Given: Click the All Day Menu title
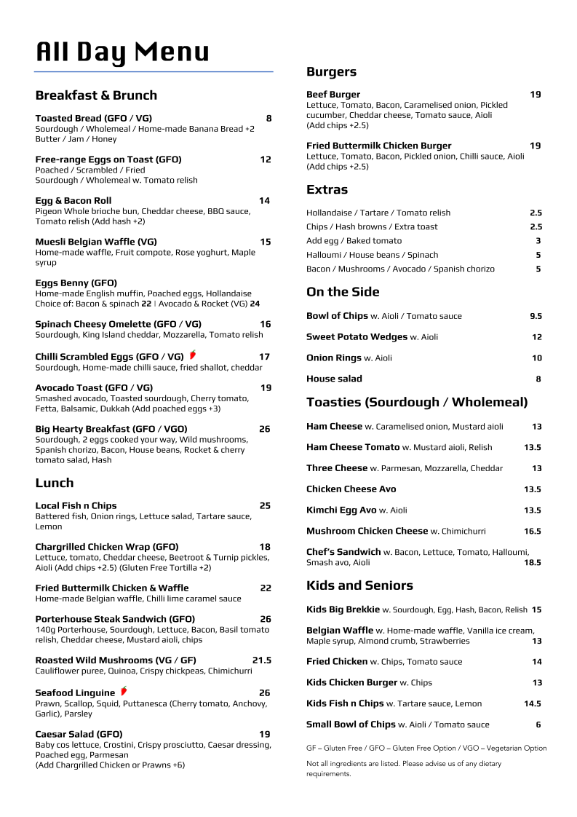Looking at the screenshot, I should [x=122, y=52].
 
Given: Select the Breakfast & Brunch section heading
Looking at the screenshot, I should [x=96, y=95].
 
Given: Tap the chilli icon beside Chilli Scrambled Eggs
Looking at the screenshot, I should [x=193, y=355].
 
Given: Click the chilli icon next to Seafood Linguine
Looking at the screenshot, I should [x=124, y=691].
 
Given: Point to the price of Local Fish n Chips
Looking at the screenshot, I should [x=265, y=505].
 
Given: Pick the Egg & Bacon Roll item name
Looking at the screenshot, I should [x=73, y=200].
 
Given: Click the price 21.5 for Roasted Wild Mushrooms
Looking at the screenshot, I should [x=262, y=660].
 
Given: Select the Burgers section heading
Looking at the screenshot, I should [x=331, y=71].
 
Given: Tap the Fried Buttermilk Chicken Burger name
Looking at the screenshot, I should [x=378, y=146].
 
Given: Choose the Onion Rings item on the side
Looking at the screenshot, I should [x=334, y=358].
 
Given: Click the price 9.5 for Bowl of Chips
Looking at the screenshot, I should [x=536, y=316].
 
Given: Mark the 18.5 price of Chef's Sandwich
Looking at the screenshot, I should [x=533, y=562].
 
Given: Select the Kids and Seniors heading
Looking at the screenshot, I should [x=359, y=585].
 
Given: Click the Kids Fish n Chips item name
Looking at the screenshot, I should [x=345, y=703].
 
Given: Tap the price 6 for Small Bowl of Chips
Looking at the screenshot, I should [x=538, y=725].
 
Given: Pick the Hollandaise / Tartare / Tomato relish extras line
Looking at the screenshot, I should [x=378, y=213].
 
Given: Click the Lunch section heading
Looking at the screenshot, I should [x=55, y=483].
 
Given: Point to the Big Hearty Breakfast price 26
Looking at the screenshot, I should [x=265, y=429].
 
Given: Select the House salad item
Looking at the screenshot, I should [x=334, y=379].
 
